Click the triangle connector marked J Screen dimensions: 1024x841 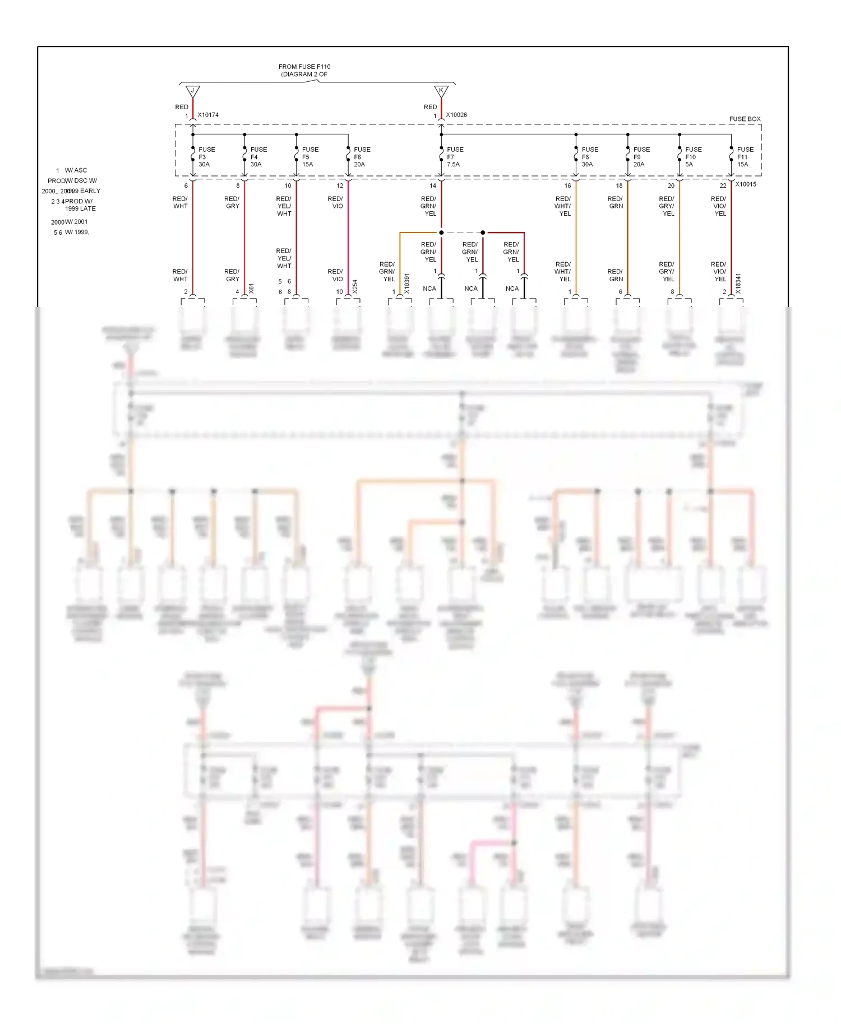(x=192, y=91)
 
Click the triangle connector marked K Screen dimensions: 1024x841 (x=441, y=91)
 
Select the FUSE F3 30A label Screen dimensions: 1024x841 (x=206, y=157)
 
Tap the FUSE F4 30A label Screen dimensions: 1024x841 (x=258, y=157)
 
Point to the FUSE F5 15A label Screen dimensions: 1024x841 (x=309, y=157)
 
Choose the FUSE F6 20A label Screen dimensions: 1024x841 (x=362, y=157)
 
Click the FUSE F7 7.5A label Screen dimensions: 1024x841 (x=455, y=157)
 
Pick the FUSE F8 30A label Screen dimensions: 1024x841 (x=589, y=157)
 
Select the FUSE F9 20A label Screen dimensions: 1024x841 (x=641, y=157)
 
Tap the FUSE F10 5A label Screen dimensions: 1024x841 (x=693, y=157)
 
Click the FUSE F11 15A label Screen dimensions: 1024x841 (x=745, y=157)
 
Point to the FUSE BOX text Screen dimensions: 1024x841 (x=745, y=119)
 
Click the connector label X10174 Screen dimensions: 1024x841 (x=208, y=115)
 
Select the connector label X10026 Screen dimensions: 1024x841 (x=456, y=115)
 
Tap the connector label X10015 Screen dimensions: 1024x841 (x=746, y=184)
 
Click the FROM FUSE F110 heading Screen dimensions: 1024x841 (x=304, y=67)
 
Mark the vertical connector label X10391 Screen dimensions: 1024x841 (x=407, y=283)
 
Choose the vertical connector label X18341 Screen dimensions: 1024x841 (x=738, y=283)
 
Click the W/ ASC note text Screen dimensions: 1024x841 (x=76, y=170)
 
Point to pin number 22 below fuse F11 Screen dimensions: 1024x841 (x=723, y=186)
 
